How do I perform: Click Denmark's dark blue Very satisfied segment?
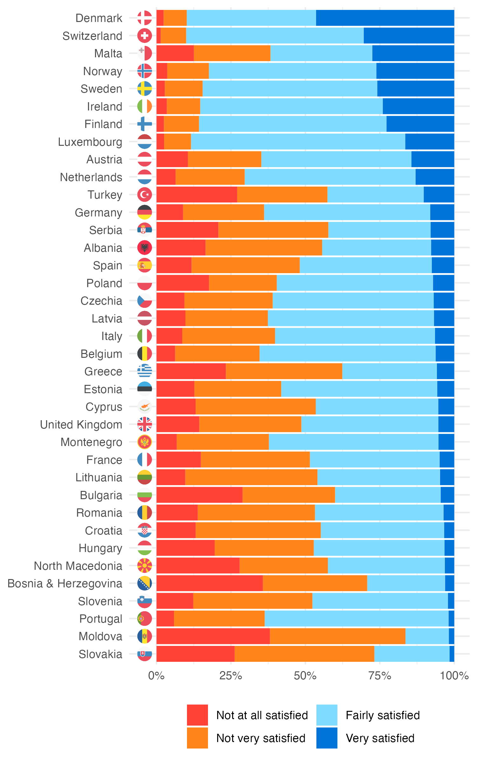coord(385,18)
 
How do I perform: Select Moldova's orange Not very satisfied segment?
coord(337,636)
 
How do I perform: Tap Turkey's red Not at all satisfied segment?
coord(197,195)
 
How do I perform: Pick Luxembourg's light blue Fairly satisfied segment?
coord(298,142)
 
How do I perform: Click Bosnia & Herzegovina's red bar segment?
coord(210,583)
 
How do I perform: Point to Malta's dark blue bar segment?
coord(413,53)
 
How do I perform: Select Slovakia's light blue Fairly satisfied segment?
coord(412,654)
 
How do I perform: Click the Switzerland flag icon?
coord(145,36)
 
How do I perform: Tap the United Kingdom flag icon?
coord(145,424)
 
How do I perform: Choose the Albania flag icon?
coord(145,248)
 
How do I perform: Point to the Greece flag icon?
coord(145,371)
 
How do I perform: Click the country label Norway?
coord(102,71)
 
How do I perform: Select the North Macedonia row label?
coord(78,566)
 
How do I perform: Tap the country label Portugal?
coord(100,619)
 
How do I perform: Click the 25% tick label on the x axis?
coord(231,675)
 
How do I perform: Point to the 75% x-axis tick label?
coord(380,675)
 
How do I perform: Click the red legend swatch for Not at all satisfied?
coord(197,715)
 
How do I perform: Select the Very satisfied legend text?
coord(380,738)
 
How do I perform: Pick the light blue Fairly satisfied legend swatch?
coord(327,715)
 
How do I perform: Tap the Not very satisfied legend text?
coord(261,738)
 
